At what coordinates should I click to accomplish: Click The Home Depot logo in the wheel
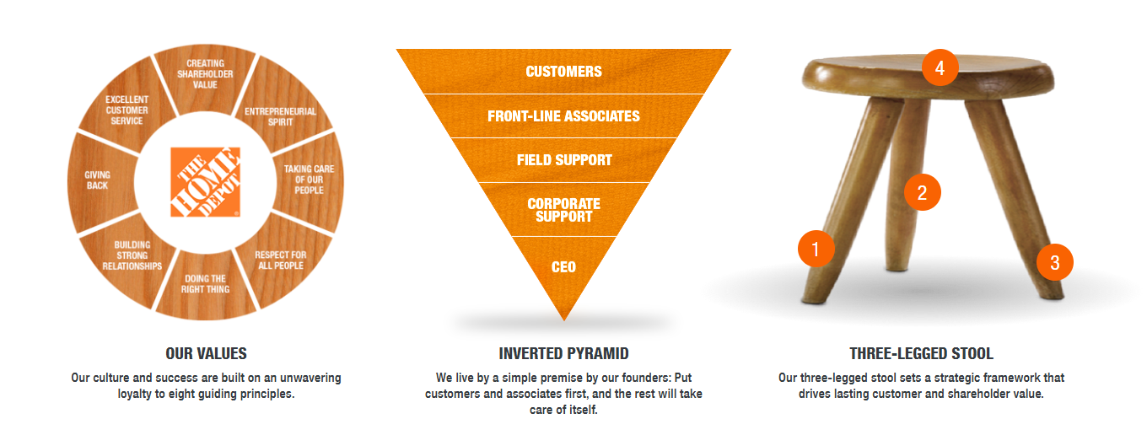coord(205,182)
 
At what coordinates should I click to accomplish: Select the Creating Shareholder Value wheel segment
coord(205,77)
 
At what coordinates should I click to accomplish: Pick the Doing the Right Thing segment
coord(205,286)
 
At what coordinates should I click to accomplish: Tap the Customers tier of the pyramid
coord(563,71)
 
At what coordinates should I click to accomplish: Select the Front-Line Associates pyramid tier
coord(563,116)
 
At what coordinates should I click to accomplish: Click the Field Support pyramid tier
coord(563,160)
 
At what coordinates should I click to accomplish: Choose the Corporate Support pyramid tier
coord(563,210)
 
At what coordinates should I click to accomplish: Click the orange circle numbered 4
coord(940,67)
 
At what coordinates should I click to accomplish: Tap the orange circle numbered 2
coord(922,192)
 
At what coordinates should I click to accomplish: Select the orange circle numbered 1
coord(816,249)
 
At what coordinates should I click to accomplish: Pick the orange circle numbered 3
coord(1055,262)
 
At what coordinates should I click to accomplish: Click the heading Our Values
coord(206,353)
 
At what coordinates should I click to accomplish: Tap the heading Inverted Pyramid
coord(563,353)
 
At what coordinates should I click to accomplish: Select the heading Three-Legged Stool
coord(921,353)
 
